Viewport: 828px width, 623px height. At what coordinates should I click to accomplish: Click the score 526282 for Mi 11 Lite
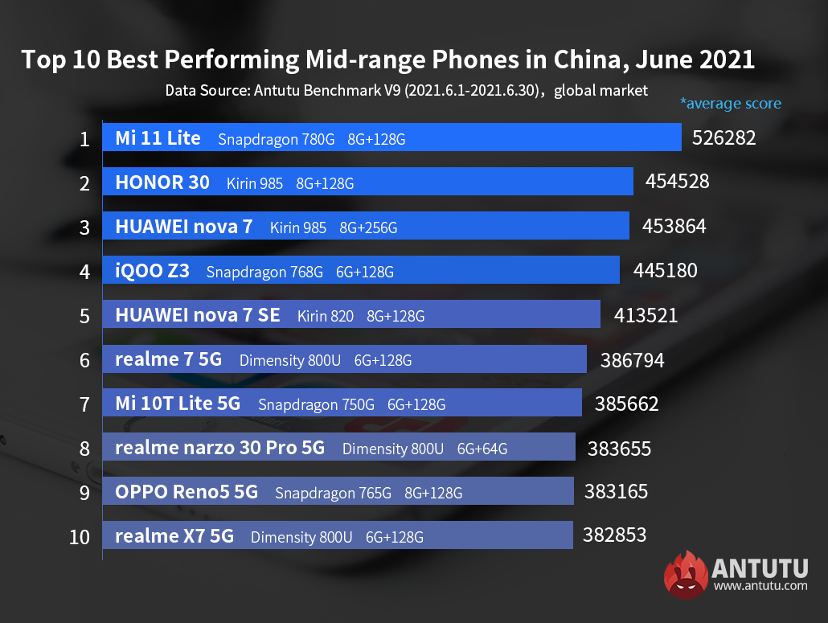pos(723,137)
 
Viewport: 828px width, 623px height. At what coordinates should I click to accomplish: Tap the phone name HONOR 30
pos(162,182)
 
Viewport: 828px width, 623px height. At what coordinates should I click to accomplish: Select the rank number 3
pos(84,227)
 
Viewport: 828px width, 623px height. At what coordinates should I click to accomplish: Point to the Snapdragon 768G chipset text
pos(264,272)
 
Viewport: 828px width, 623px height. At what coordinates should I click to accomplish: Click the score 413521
pos(646,315)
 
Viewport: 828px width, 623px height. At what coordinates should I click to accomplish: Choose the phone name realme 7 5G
pos(168,359)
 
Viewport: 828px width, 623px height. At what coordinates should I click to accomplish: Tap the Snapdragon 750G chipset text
pos(316,404)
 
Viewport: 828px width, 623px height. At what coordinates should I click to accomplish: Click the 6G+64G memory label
pos(482,449)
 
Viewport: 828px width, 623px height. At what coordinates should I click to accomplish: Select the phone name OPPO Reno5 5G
pos(187,492)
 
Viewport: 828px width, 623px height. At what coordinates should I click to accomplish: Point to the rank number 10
pos(80,536)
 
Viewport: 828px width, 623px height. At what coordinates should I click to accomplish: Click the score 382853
pos(614,535)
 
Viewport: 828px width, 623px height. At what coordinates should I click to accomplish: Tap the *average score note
pos(730,103)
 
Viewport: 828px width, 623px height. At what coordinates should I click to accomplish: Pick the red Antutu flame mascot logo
pos(686,576)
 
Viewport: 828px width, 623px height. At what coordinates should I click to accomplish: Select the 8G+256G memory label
pos(368,227)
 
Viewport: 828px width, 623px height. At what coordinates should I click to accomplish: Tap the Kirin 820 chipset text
pos(325,316)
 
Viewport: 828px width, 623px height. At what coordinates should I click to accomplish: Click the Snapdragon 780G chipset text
pos(276,139)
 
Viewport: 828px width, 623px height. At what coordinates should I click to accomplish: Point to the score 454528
pos(678,182)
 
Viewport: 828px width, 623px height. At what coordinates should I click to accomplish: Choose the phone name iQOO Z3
pos(153,271)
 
